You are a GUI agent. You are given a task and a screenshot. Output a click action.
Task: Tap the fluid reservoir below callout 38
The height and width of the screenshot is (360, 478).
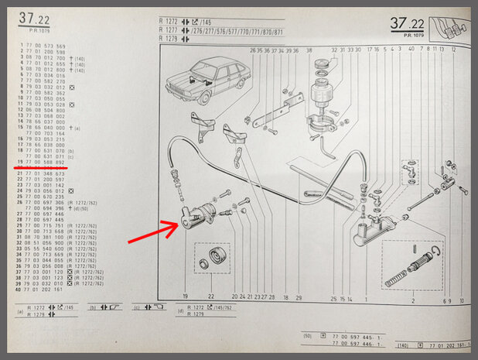coord(319,96)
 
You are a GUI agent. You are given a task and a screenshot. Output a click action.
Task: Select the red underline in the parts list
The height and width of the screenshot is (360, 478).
coord(39,166)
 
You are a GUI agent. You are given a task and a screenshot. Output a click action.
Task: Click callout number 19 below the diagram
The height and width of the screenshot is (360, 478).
coord(186,297)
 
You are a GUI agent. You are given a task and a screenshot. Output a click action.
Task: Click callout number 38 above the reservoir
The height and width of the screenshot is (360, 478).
coord(308,50)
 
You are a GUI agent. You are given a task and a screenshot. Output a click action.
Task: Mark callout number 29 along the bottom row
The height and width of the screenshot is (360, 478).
coord(299,297)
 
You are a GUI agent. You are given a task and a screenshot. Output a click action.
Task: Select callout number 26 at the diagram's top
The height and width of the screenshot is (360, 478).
coord(253,50)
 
